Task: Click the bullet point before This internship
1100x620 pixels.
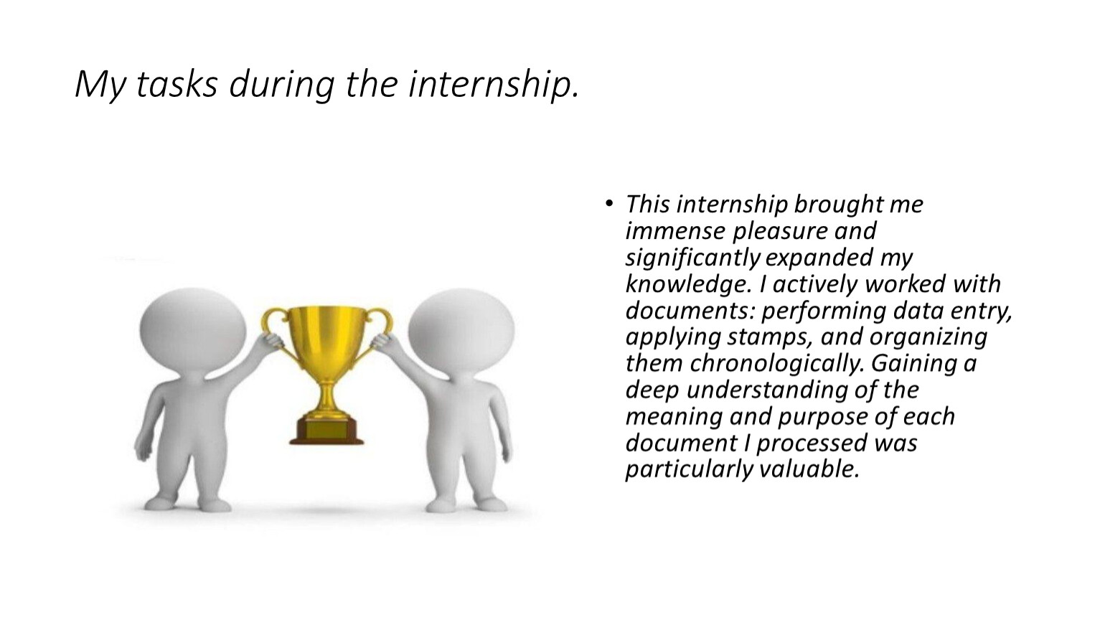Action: coord(609,203)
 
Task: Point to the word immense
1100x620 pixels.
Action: coord(675,231)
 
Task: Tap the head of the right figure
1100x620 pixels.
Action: coord(461,330)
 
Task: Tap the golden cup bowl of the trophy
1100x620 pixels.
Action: coord(326,339)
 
